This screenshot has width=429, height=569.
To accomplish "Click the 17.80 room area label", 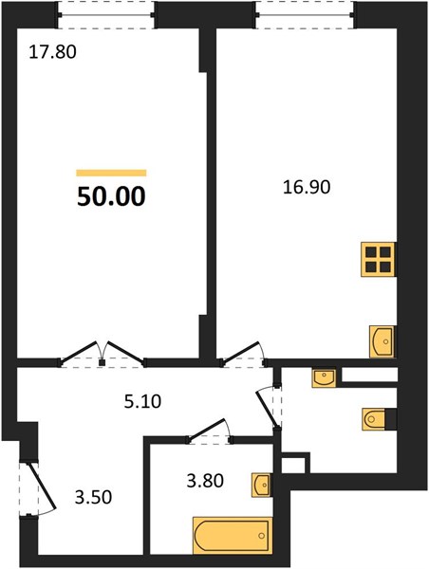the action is coord(52,51).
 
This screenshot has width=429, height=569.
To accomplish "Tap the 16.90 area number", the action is coord(307,187).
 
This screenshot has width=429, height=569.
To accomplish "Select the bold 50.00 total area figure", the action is coord(111,196).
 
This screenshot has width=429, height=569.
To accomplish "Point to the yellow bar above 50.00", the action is coord(111,173).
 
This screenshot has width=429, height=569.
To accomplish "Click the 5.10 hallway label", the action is coord(142,402).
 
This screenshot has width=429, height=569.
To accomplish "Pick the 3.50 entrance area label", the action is coord(93,497).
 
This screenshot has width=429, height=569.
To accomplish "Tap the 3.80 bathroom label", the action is coord(205,481).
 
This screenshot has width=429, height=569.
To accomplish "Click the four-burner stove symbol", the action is coord(378,260).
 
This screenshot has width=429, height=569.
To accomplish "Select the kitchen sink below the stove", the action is coord(382,341).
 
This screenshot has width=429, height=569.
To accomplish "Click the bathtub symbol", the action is coord(233,536).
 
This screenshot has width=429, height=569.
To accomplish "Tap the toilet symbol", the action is coord(373,419).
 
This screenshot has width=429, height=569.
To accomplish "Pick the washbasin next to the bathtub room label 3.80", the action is coord(262,485).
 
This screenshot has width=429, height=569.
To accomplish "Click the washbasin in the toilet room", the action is coord(324,378).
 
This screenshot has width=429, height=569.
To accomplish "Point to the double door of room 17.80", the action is coord(103,354).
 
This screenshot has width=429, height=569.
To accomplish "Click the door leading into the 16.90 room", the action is coord(243,354).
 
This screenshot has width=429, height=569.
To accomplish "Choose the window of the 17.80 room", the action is coord(107,14).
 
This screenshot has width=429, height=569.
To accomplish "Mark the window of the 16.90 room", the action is coord(305,14).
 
